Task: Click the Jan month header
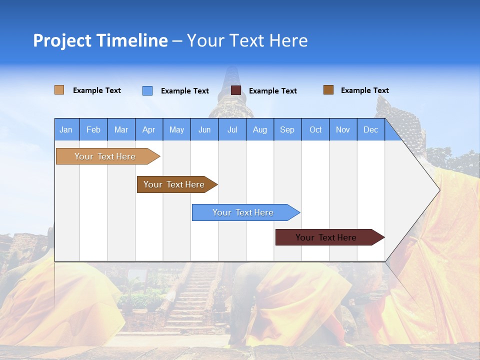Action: (x=66, y=129)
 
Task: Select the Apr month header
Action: (x=149, y=129)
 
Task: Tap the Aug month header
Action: (x=260, y=129)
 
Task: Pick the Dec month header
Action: (x=371, y=129)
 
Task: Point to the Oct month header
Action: (x=315, y=129)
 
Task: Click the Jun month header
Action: (x=204, y=129)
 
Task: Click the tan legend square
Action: (x=59, y=90)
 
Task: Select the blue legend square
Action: (x=147, y=90)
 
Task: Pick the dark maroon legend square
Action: (x=236, y=90)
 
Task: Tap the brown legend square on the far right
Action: (x=328, y=90)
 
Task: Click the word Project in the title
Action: (x=62, y=40)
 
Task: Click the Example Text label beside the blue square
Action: (x=185, y=91)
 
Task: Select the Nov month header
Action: (x=343, y=129)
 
